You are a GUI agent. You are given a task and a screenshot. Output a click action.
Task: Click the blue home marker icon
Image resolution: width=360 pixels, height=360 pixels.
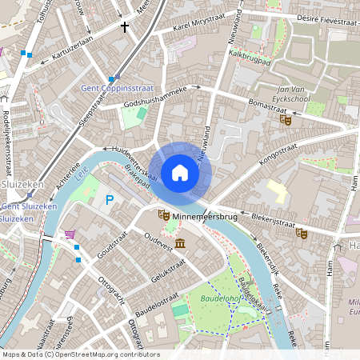(180, 173)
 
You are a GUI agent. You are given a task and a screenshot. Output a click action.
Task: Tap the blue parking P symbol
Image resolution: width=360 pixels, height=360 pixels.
(110, 199)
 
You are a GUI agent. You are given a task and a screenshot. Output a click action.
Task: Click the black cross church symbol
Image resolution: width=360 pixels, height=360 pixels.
(124, 26)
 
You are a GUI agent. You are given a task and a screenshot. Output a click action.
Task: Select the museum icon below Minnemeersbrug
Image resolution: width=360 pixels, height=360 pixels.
(180, 242)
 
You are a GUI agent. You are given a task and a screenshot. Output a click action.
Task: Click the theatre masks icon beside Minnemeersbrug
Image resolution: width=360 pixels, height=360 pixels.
(163, 215)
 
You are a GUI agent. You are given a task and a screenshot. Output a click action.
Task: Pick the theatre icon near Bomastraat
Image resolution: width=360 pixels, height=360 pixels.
(284, 120)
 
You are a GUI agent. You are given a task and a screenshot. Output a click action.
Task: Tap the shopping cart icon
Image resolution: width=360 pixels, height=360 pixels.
(70, 234)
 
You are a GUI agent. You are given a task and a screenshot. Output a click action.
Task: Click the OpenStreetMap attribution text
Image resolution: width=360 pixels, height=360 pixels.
(80, 354)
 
